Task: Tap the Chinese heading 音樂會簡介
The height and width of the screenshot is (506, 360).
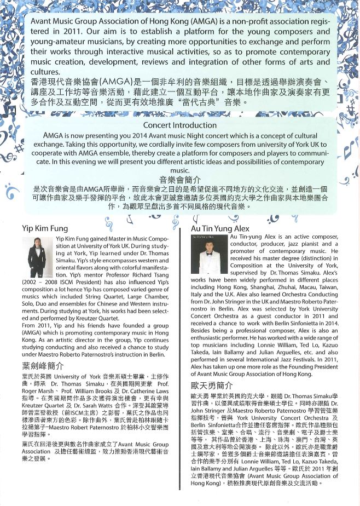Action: coord(179,179)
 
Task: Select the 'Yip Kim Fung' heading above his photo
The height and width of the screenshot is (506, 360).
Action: coord(45,228)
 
